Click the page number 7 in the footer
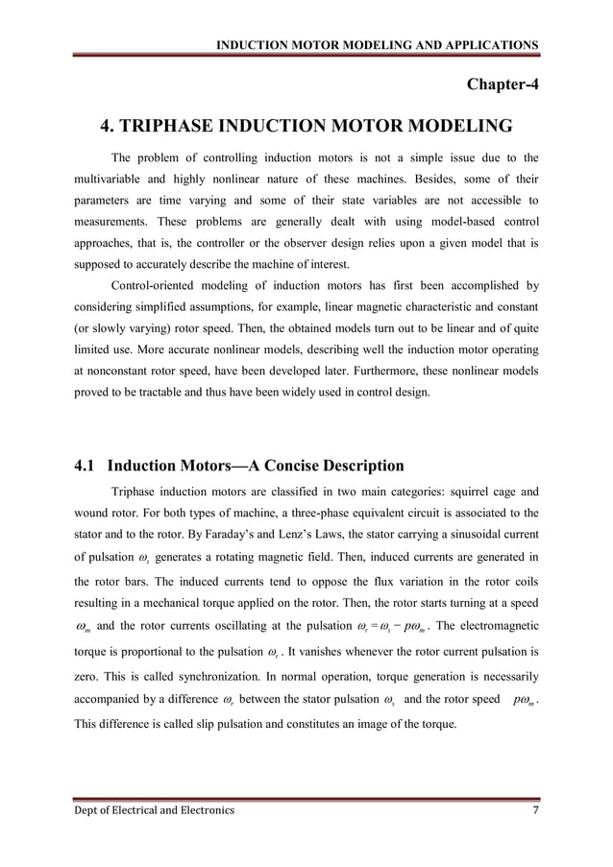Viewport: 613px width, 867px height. pyautogui.click(x=534, y=810)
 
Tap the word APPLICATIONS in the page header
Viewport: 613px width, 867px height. pyautogui.click(x=488, y=44)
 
